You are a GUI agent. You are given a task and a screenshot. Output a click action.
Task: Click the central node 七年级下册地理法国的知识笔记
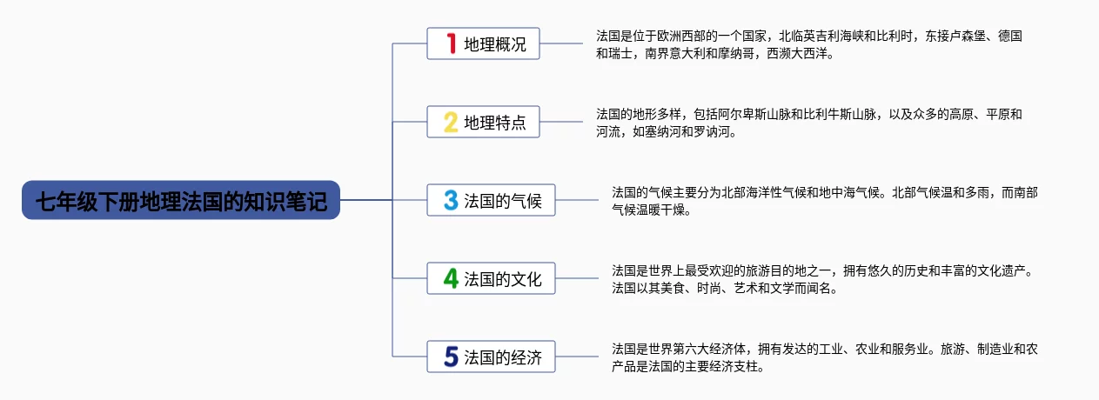181,200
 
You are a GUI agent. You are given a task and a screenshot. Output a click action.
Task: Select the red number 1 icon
451,43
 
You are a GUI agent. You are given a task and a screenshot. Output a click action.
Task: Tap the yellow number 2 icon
451,122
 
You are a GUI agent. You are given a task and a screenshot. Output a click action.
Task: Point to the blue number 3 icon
451,200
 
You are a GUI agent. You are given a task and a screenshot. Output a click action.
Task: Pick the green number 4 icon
451,278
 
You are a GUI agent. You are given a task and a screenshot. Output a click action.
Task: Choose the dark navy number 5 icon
451,357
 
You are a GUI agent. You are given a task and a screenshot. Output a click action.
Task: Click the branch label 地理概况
495,44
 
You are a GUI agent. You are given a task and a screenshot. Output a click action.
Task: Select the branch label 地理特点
495,123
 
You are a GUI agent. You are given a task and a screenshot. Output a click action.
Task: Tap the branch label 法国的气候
503,201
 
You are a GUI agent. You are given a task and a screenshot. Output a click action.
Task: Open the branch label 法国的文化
503,279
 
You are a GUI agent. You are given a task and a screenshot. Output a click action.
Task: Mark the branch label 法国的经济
503,357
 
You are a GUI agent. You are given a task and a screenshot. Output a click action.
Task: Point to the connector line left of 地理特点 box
409,122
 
